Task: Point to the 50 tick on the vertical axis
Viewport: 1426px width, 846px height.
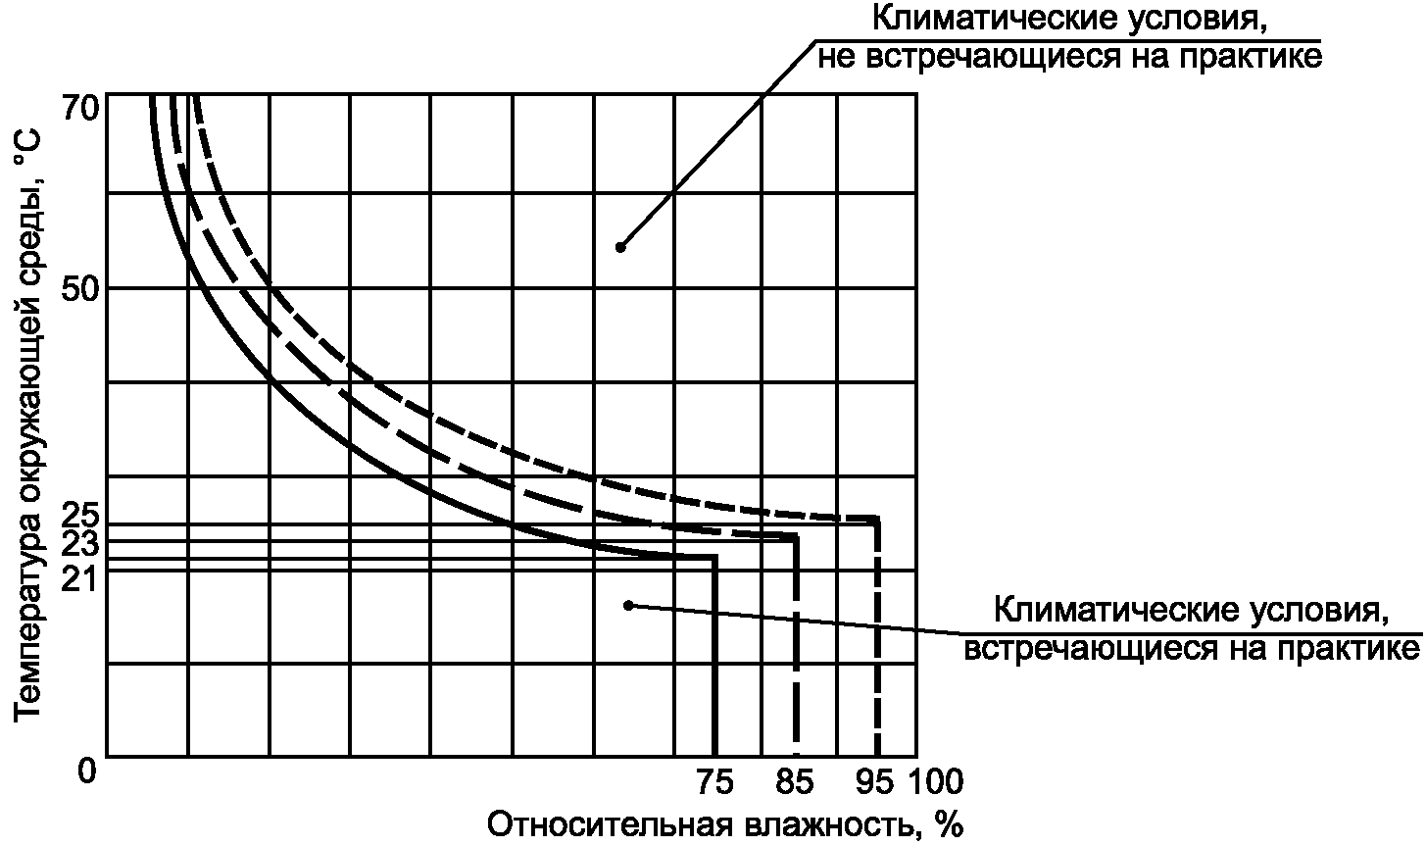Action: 80,289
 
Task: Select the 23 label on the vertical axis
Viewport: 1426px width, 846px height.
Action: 80,544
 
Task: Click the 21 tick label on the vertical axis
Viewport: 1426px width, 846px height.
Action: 80,578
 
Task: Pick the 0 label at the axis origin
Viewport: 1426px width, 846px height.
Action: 87,771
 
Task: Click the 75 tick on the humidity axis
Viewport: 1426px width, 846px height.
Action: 714,781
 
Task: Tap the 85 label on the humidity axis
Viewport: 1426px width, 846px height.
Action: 795,781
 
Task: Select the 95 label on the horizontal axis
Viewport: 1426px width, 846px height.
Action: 874,781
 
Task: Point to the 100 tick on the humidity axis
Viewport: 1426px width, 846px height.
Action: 935,781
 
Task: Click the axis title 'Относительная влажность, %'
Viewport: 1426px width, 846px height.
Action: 725,825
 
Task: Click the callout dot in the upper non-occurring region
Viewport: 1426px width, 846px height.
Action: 620,247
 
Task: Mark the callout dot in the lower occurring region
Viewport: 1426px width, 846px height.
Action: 629,605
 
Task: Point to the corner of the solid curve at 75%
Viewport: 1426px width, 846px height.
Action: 714,557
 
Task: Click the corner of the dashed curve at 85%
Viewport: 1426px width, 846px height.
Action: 795,537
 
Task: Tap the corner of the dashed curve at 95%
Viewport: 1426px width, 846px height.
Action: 877,520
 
